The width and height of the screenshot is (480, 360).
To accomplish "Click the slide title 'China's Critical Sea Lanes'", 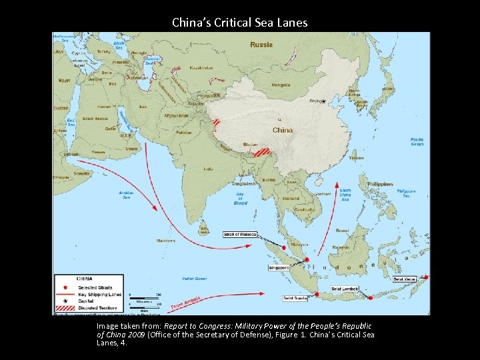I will [x=239, y=22].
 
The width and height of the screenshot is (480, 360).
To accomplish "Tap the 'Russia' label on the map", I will [x=261, y=45].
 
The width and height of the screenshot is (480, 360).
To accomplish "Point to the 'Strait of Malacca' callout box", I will [x=241, y=234].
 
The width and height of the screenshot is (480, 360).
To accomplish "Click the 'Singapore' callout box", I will [x=279, y=267].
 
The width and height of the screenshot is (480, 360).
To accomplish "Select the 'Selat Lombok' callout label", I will [x=345, y=288].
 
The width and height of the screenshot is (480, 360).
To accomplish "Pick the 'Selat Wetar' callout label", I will [x=405, y=279].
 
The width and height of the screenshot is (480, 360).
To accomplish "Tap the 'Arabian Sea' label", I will [x=127, y=194].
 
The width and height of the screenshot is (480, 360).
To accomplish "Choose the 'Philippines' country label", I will [x=380, y=184].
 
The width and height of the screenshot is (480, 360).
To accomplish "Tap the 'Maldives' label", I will [x=166, y=240].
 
